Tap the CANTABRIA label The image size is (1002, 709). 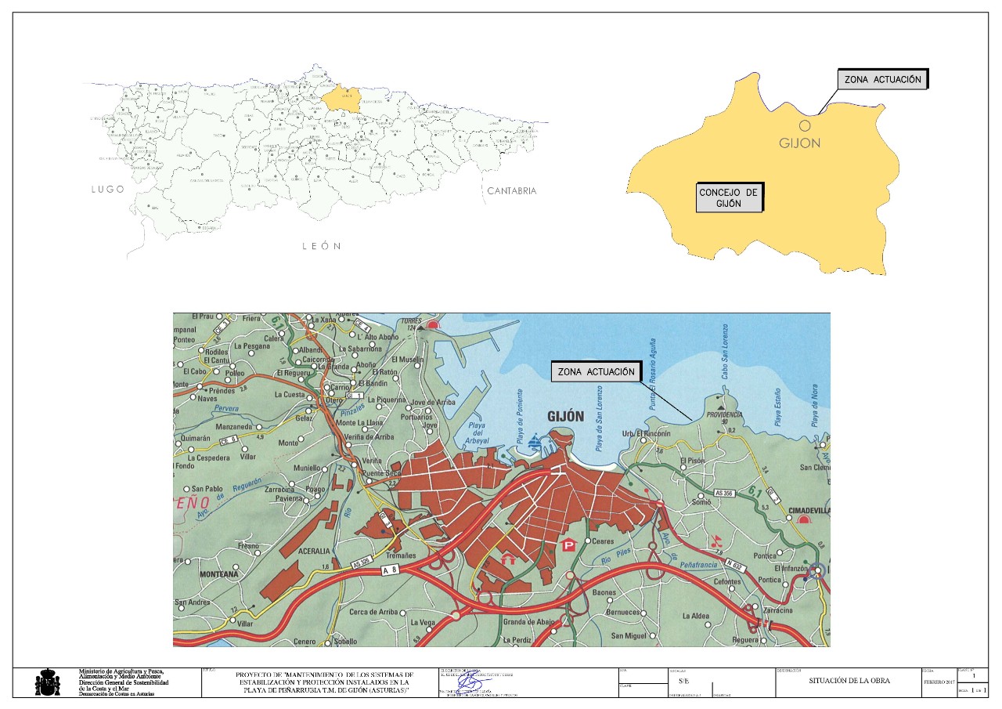pyautogui.click(x=512, y=191)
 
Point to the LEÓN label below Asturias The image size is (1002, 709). pyautogui.click(x=321, y=246)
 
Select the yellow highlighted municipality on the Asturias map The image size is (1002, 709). pyautogui.click(x=341, y=99)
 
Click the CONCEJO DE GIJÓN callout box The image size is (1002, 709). pyautogui.click(x=728, y=197)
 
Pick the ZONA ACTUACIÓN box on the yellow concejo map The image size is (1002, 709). pyautogui.click(x=882, y=80)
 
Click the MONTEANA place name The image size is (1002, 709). pyautogui.click(x=218, y=574)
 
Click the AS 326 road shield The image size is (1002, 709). pyautogui.click(x=361, y=562)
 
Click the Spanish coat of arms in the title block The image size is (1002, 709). pyautogui.click(x=48, y=682)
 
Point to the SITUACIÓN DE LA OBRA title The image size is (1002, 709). pyautogui.click(x=845, y=682)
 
